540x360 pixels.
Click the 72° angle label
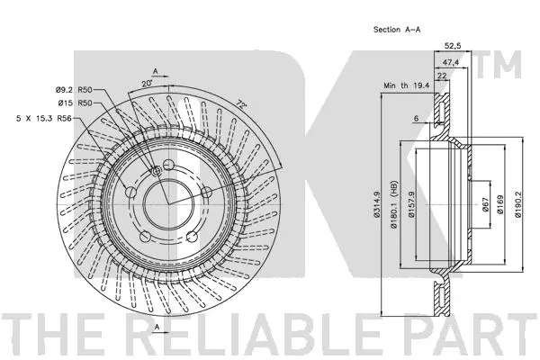241,105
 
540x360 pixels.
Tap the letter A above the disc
155,69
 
